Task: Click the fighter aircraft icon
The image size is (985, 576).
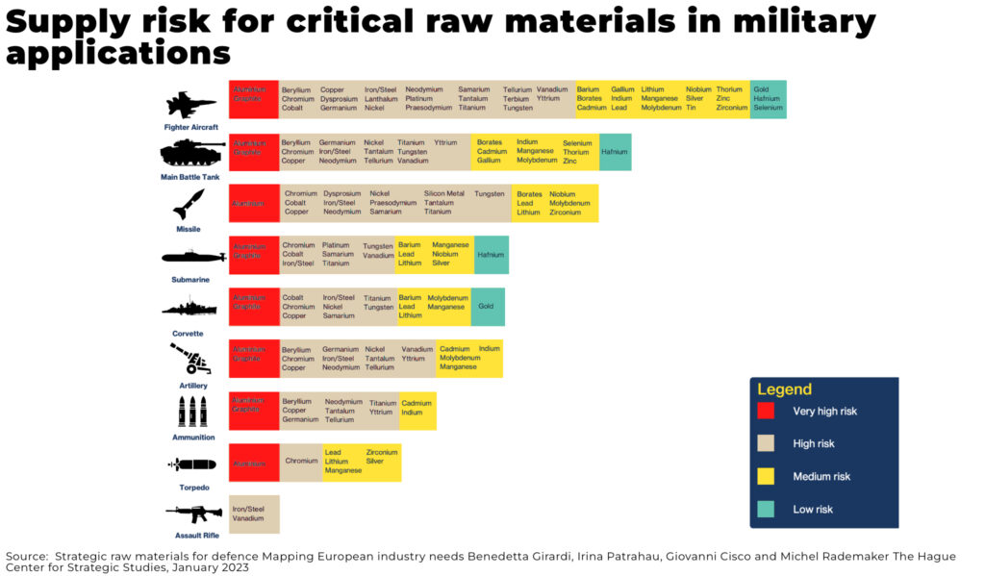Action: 190,105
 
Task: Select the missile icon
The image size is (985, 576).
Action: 189,205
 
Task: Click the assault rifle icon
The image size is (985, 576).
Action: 192,513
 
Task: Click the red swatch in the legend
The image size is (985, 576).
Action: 766,411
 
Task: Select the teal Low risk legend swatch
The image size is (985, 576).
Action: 766,509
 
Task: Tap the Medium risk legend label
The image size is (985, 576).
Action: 821,477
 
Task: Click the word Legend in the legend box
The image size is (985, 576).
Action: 784,389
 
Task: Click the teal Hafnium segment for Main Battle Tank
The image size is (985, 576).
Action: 614,152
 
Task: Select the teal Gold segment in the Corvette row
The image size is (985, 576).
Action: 487,307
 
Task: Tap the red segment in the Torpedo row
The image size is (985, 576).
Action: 254,463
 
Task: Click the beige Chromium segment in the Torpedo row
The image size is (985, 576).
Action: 301,462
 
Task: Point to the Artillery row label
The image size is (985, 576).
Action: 192,386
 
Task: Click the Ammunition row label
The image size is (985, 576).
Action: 192,438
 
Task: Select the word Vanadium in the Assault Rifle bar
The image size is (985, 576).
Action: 248,519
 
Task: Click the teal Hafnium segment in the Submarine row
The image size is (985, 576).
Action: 491,255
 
